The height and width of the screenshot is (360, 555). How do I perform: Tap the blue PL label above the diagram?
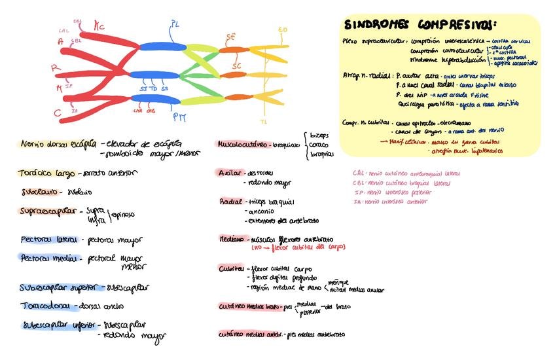click(x=175, y=24)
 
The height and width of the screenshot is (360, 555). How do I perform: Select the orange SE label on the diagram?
click(x=230, y=36)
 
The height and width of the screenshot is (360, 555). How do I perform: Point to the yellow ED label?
click(x=283, y=30)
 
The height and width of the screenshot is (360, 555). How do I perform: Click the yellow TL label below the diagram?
click(x=264, y=122)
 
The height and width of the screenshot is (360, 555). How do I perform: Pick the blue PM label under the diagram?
click(x=179, y=118)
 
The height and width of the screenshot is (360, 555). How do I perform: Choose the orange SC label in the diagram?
click(x=236, y=65)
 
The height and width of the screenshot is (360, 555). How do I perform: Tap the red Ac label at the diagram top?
click(x=99, y=26)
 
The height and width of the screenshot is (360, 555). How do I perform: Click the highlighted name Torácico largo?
click(x=47, y=173)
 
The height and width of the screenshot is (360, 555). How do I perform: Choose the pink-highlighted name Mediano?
click(x=232, y=239)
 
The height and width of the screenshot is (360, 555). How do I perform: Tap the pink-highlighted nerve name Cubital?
click(x=231, y=268)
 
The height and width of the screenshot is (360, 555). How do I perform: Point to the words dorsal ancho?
click(x=101, y=306)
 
